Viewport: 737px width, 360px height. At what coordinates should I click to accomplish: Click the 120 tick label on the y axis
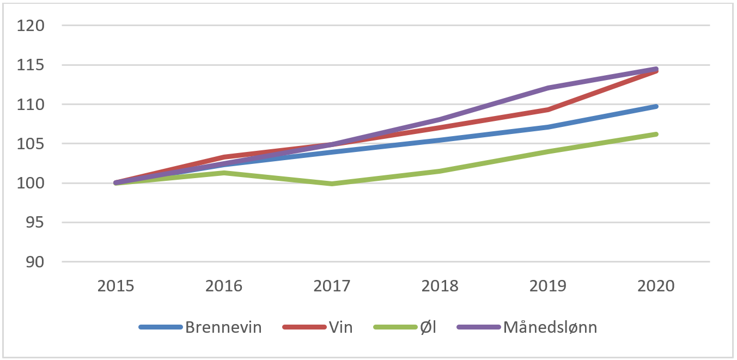32,26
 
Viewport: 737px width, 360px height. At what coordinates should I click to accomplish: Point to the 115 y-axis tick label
32,65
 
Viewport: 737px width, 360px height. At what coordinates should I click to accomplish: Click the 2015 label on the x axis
116,286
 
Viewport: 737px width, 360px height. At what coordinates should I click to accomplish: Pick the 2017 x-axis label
332,286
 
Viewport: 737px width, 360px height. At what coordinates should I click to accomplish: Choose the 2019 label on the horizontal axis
549,286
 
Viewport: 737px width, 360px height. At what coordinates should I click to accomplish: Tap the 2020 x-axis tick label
656,286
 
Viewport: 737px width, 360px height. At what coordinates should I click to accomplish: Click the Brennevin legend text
223,327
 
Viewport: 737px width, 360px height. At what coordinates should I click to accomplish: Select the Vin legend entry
340,327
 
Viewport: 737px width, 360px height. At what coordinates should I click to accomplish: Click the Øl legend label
427,327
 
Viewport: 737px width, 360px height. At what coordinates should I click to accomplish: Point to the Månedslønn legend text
550,327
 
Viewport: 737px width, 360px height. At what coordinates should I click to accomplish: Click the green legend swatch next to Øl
393,327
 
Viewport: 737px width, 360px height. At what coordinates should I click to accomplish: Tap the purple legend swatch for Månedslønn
478,327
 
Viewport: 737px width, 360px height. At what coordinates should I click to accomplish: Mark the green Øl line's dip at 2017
332,184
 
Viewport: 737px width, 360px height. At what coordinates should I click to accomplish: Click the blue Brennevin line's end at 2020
656,106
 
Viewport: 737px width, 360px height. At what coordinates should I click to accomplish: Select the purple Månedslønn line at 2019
549,88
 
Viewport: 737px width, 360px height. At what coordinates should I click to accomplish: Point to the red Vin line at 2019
549,109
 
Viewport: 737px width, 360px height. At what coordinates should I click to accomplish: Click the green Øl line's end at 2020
656,134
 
